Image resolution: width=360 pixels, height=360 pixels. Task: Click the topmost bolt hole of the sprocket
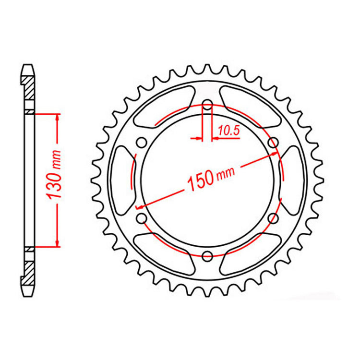pyautogui.click(x=207, y=105)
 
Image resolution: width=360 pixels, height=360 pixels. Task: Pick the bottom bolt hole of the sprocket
pyautogui.click(x=207, y=254)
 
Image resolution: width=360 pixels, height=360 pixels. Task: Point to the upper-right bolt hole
pyautogui.click(x=273, y=142)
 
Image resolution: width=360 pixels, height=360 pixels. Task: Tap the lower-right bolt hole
pyautogui.click(x=273, y=218)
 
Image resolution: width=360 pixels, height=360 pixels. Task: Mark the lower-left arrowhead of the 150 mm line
pyautogui.click(x=141, y=206)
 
